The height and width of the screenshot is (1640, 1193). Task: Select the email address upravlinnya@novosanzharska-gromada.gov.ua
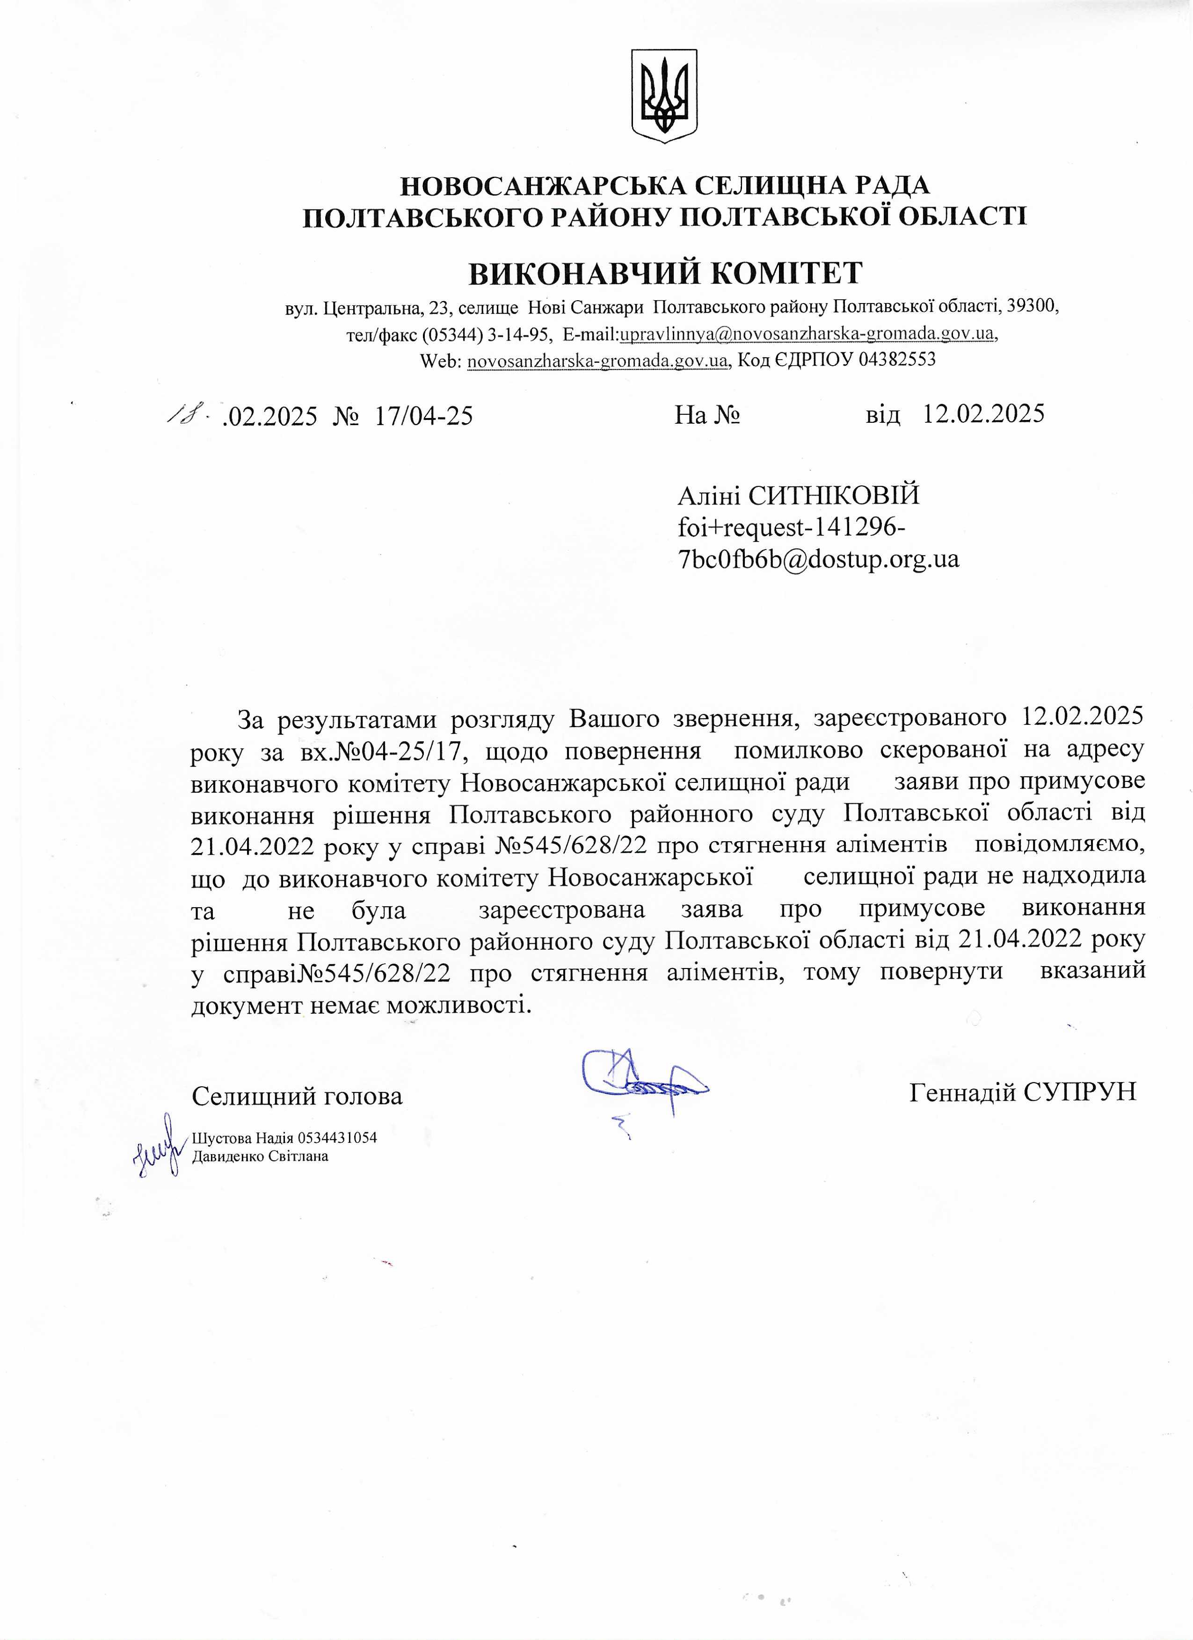coord(807,334)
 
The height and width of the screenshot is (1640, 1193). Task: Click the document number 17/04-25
coord(424,416)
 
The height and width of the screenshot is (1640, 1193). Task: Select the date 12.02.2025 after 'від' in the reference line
coord(983,413)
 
